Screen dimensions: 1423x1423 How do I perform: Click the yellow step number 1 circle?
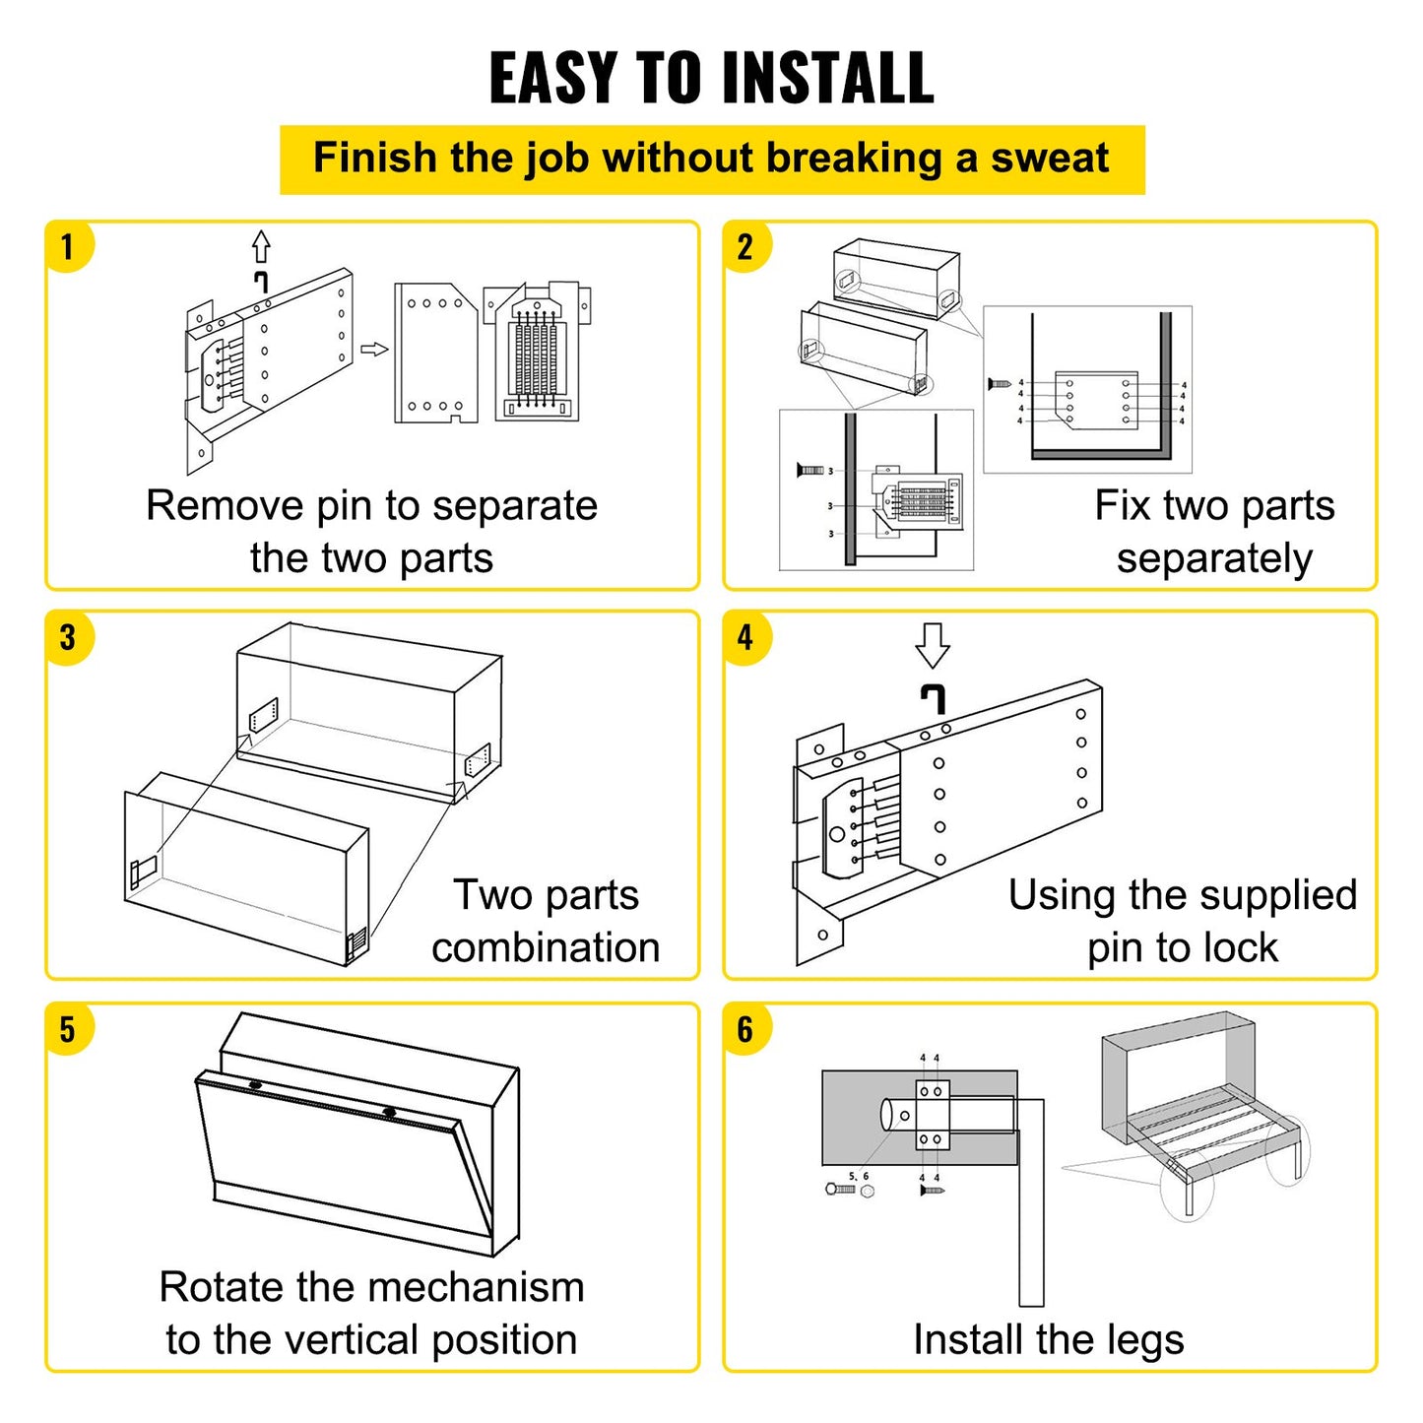pyautogui.click(x=68, y=246)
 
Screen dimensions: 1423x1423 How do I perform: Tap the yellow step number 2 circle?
pyautogui.click(x=745, y=246)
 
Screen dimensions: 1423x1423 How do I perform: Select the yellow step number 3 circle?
pyautogui.click(x=68, y=637)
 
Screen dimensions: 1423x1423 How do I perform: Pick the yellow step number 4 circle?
pyautogui.click(x=745, y=637)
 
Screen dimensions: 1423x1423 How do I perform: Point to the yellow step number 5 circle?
pyautogui.click(x=68, y=1029)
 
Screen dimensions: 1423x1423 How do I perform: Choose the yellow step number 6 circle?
pyautogui.click(x=745, y=1029)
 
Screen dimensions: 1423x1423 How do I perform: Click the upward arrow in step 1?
pyautogui.click(x=261, y=246)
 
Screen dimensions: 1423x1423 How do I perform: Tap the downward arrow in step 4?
pyautogui.click(x=933, y=645)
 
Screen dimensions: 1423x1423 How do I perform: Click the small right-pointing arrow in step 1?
pyautogui.click(x=374, y=350)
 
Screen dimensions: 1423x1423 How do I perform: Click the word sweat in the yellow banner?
pyautogui.click(x=1050, y=159)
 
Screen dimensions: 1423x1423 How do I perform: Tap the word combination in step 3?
pyautogui.click(x=546, y=947)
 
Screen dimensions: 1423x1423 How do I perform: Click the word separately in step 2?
pyautogui.click(x=1214, y=558)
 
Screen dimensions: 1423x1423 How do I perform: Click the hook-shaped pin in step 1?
pyautogui.click(x=261, y=282)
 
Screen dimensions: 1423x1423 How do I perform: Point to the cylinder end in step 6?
pyautogui.click(x=887, y=1115)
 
